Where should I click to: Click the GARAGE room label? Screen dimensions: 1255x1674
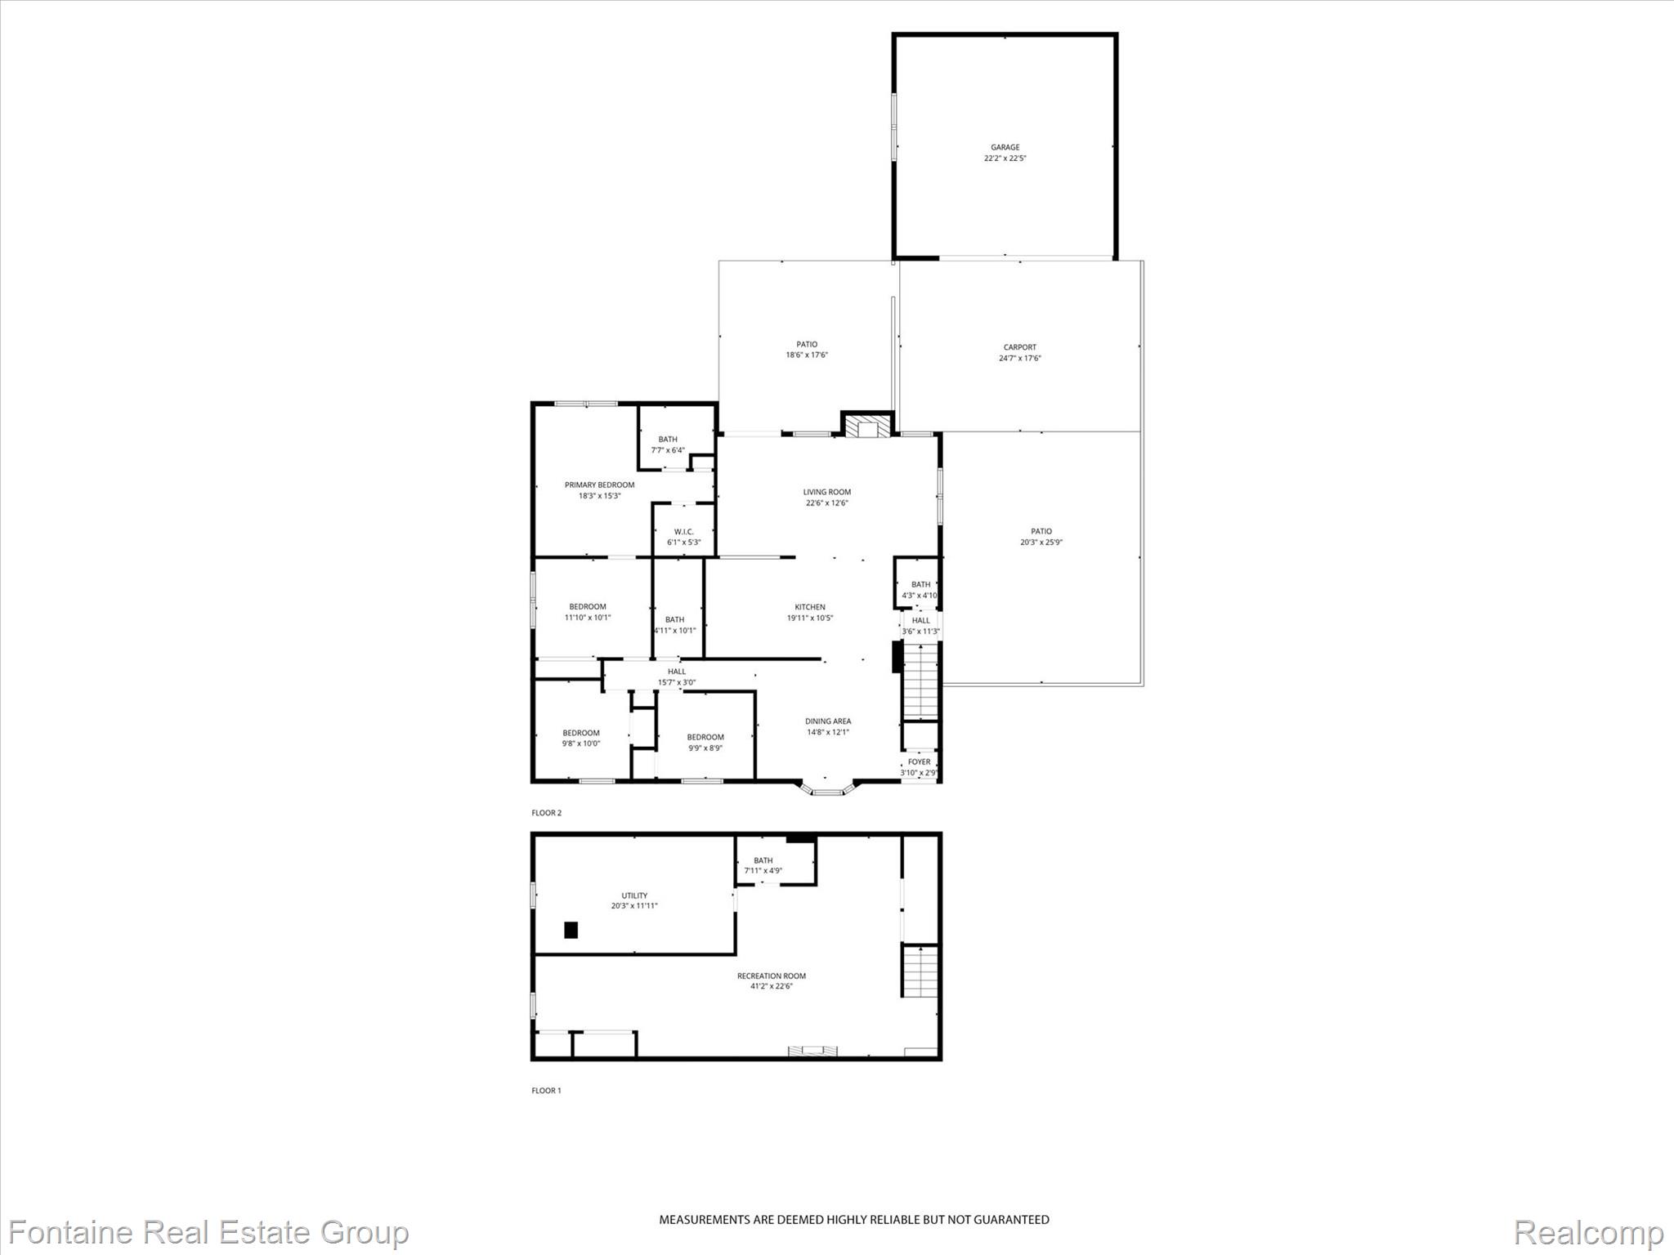point(1005,148)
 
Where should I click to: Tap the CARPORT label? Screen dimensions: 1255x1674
point(1019,347)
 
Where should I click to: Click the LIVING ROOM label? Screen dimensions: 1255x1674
point(826,492)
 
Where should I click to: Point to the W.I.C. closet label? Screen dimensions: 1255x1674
point(683,532)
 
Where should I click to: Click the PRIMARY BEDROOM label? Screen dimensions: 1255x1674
point(599,485)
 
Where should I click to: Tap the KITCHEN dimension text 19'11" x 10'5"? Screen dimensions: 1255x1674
point(809,618)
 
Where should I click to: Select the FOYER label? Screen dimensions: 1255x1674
point(919,761)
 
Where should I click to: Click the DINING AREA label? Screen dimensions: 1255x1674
point(827,721)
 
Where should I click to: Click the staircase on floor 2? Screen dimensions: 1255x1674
point(920,681)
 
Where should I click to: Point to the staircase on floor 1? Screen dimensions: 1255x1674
point(920,971)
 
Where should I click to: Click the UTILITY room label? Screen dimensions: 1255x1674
point(634,895)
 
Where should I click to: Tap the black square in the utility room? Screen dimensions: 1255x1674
point(571,930)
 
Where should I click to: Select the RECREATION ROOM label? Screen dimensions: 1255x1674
point(771,976)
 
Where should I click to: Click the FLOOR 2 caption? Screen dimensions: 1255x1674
point(546,813)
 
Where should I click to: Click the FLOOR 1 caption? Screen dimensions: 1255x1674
point(546,1091)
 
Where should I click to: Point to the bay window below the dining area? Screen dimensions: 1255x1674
point(826,790)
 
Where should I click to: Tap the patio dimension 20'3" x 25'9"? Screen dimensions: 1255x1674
point(1041,543)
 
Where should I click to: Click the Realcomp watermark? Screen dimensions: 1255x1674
point(1587,1232)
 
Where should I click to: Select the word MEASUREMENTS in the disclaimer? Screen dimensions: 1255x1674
point(704,1220)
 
